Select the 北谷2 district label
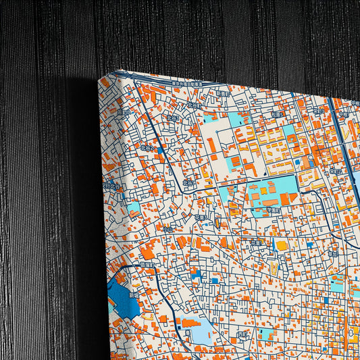pyautogui.click(x=147, y=147)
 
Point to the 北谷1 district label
pyautogui.click(x=190, y=182)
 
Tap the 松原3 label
pyautogui.click(x=276, y=115)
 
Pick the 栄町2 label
pyautogui.click(x=336, y=172)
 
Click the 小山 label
pyautogui.click(x=168, y=229)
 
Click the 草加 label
pyautogui.click(x=334, y=253)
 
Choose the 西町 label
pyautogui.click(x=243, y=334)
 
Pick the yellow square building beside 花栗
pyautogui.click(x=282, y=246)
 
